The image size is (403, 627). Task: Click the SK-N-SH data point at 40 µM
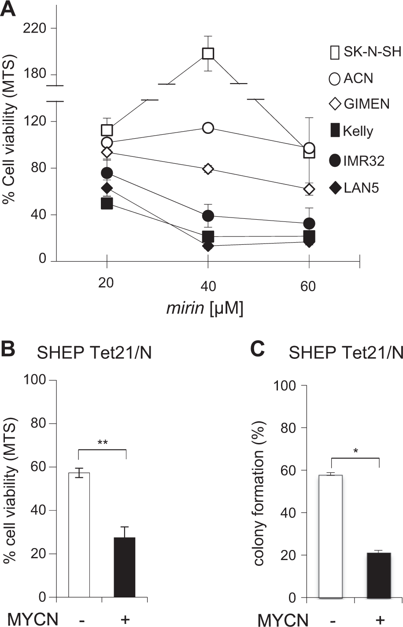point(208,53)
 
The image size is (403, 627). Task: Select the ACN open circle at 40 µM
point(208,128)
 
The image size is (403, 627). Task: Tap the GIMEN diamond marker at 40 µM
point(208,169)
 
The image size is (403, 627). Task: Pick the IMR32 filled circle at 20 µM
point(107,173)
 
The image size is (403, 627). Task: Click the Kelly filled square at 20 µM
point(107,203)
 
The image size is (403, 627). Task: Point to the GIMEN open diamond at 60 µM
point(309,189)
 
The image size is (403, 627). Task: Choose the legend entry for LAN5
point(355,188)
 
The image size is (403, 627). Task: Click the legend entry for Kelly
point(352,131)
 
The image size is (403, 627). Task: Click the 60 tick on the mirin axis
point(308,286)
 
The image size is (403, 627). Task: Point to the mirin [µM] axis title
point(205,309)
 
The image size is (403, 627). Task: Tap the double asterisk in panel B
point(102,442)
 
